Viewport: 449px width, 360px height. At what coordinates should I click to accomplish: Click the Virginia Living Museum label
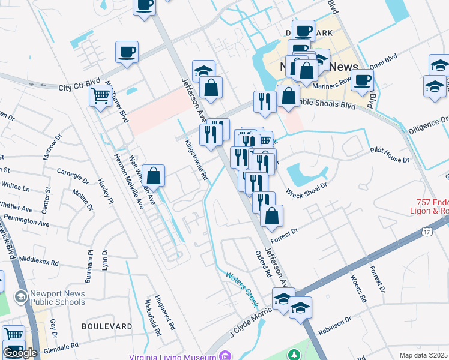click(172, 356)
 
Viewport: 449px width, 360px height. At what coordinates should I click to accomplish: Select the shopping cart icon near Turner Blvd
click(100, 95)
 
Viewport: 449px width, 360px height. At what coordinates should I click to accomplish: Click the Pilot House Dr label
click(389, 156)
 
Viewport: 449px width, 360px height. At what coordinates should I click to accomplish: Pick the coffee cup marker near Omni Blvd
click(362, 81)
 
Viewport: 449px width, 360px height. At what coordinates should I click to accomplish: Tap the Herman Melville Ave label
click(129, 180)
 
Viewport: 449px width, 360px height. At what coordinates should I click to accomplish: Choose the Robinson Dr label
click(335, 327)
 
